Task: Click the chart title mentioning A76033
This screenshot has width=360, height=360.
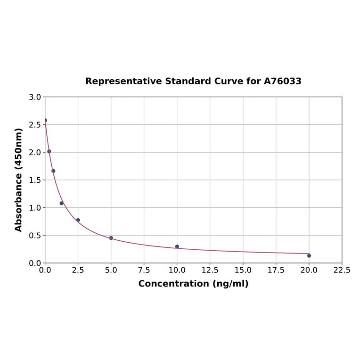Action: coord(193,82)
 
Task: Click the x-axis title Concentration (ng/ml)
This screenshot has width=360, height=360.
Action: coord(193,284)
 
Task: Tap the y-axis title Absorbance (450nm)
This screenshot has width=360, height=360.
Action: coord(19,180)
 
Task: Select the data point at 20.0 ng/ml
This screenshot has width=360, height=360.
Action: coord(309,255)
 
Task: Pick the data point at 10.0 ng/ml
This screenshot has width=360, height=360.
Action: coord(177,246)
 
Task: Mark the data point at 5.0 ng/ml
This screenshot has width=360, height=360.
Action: coord(111,238)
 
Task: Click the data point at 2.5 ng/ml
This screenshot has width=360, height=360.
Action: coord(78,220)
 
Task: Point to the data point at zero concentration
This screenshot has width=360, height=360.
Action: coord(45,120)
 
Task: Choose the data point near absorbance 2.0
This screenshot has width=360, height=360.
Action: coord(49,151)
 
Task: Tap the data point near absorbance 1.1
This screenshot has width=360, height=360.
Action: coord(61,203)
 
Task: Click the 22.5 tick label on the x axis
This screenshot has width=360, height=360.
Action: coord(342,270)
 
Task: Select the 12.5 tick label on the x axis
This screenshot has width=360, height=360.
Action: coord(210,270)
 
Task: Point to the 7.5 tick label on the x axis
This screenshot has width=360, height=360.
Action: coord(144,270)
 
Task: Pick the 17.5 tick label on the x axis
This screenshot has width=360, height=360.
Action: coord(276,270)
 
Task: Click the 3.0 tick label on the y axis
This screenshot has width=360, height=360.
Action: coord(35,97)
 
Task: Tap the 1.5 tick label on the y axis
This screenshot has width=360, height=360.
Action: coord(35,180)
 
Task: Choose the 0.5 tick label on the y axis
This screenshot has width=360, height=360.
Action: coord(35,236)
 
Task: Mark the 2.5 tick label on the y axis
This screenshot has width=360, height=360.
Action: coord(35,125)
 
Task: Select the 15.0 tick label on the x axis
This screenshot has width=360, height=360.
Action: coord(243,270)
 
